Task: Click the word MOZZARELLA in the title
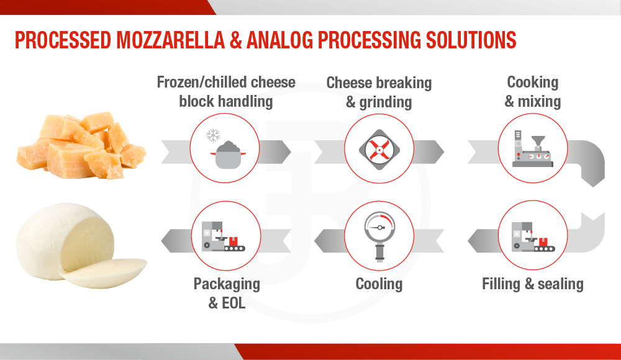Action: point(171,40)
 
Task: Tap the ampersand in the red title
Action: point(235,40)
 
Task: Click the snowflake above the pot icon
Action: point(213,135)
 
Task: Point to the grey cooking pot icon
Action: point(228,155)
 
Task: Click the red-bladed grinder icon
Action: point(379,150)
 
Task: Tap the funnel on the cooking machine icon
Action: point(538,142)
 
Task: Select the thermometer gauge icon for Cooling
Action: point(379,236)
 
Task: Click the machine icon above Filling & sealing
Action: point(533,236)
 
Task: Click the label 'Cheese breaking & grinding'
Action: point(379,92)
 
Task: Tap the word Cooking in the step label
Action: point(533,83)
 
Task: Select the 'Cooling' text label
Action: point(379,284)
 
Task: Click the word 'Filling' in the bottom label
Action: point(501,284)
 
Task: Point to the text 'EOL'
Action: point(233,303)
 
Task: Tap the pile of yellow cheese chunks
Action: point(81,145)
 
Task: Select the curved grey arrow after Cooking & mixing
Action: point(587,158)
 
